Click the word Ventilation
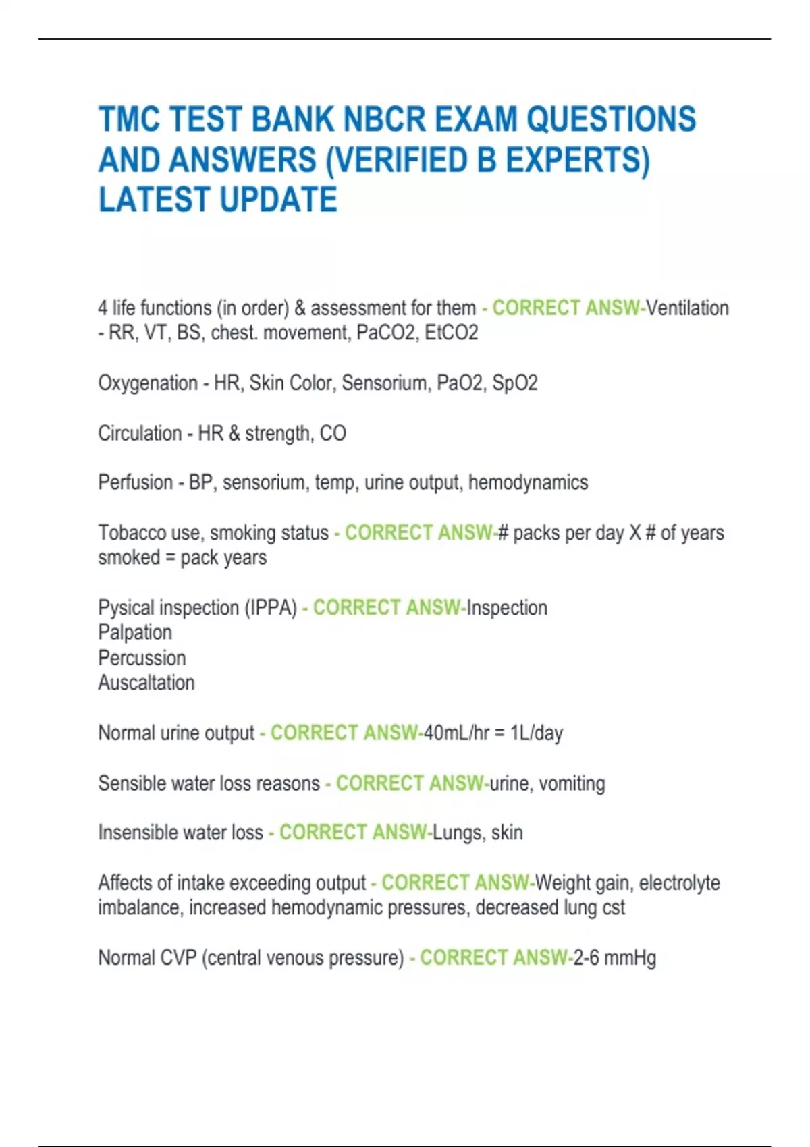pos(687,308)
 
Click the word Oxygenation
pos(148,383)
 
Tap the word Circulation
pos(140,433)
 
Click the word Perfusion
pos(135,483)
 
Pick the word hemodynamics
pos(528,483)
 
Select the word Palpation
pos(135,633)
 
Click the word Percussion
pos(142,658)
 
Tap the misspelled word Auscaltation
pos(146,683)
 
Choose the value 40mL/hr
pos(456,733)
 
